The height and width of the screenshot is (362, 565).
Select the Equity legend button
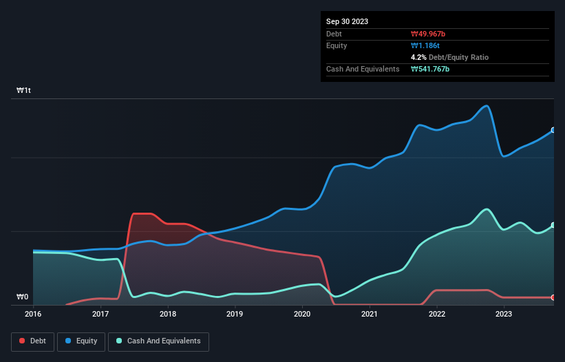tap(81, 341)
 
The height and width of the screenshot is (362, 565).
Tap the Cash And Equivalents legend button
tap(158, 341)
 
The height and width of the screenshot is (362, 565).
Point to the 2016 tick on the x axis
tap(33, 314)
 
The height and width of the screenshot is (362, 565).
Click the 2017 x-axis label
tap(100, 314)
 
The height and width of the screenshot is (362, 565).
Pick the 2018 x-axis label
tap(168, 314)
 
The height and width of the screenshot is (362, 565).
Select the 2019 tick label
tap(235, 314)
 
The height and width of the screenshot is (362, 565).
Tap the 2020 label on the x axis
tap(302, 314)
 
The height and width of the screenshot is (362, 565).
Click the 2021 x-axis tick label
tap(370, 314)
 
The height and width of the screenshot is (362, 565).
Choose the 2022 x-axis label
tap(437, 314)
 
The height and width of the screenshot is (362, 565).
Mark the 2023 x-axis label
tap(504, 314)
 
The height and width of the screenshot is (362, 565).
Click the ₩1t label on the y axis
tap(24, 91)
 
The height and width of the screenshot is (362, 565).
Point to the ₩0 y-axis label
tap(23, 297)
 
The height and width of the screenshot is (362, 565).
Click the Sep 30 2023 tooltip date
tap(348, 21)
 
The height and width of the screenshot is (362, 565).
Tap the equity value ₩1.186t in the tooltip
tap(425, 45)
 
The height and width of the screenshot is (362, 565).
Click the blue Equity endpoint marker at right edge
tap(553, 130)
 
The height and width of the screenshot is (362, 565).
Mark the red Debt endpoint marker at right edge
tap(553, 297)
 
